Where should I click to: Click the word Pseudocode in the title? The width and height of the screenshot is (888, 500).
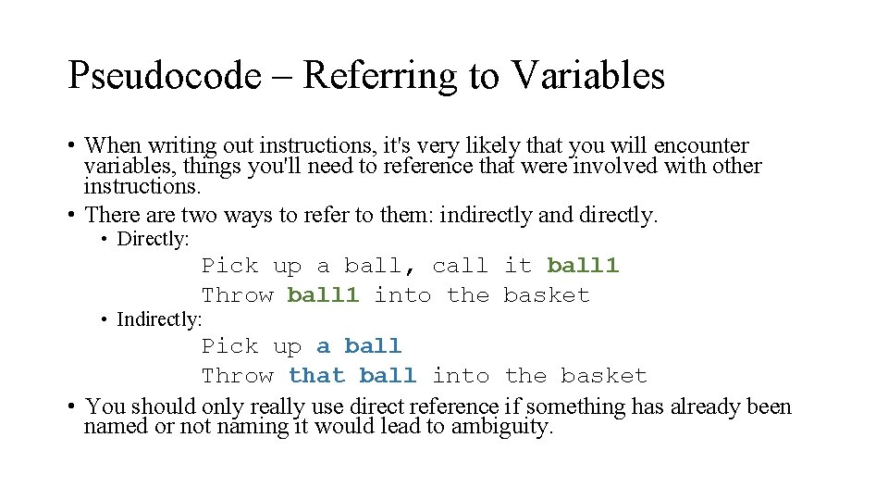coord(165,75)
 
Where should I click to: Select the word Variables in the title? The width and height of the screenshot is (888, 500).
coord(586,75)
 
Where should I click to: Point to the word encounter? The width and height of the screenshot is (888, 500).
coord(701,146)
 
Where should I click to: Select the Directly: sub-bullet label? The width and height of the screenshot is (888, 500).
coord(153,239)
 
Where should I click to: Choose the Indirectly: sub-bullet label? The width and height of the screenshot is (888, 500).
coord(160,319)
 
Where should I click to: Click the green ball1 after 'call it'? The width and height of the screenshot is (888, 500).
coord(583,266)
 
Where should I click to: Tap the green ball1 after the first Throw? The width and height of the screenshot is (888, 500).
coord(322,295)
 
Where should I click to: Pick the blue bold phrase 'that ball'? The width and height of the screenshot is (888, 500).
coord(351,376)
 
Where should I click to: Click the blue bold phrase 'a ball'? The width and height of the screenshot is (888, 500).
coord(359,346)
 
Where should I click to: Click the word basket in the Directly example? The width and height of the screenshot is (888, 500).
coord(547,295)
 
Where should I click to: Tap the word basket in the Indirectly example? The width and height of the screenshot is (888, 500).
coord(603,376)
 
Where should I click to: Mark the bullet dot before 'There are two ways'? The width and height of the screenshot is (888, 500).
coord(71,216)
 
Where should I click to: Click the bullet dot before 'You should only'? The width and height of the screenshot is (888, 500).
coord(71,407)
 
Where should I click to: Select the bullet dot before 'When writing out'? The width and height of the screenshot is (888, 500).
coord(71,146)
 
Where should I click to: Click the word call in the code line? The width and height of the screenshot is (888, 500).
coord(460,266)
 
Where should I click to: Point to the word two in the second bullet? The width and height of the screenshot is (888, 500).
coord(203,216)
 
